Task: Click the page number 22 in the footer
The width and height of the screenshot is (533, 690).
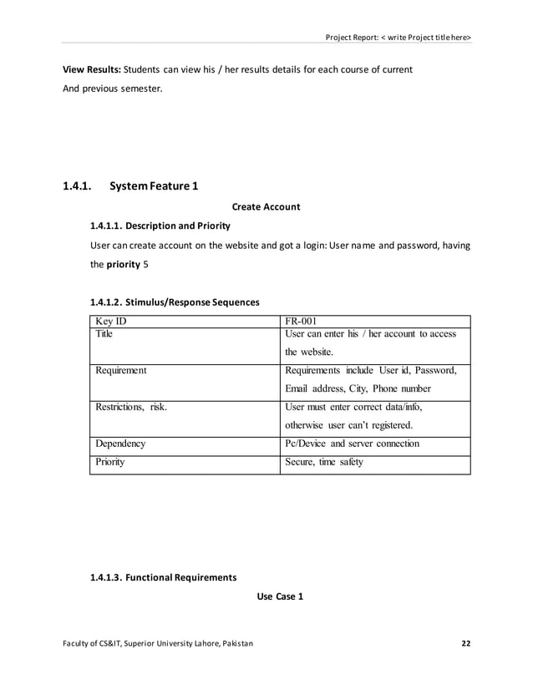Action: click(466, 642)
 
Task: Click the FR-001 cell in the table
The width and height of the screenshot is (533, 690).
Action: click(300, 321)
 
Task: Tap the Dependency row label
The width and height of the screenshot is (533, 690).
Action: click(120, 444)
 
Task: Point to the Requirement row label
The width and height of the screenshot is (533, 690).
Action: click(121, 370)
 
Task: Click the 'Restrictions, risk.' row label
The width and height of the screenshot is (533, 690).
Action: click(131, 407)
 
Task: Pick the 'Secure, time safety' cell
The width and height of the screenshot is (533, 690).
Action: click(324, 462)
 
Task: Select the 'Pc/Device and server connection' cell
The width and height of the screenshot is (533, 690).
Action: click(352, 444)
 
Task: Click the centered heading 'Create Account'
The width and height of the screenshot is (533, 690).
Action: click(266, 206)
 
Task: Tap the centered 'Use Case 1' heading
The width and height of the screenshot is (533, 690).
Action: click(278, 597)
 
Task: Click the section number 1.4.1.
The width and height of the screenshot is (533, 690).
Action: click(77, 186)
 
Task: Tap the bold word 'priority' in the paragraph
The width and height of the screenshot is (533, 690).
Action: click(122, 264)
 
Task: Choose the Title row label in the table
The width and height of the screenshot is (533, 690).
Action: click(104, 334)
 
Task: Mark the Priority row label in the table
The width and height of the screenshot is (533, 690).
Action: click(110, 462)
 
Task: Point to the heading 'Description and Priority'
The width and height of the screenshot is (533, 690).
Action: click(178, 226)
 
